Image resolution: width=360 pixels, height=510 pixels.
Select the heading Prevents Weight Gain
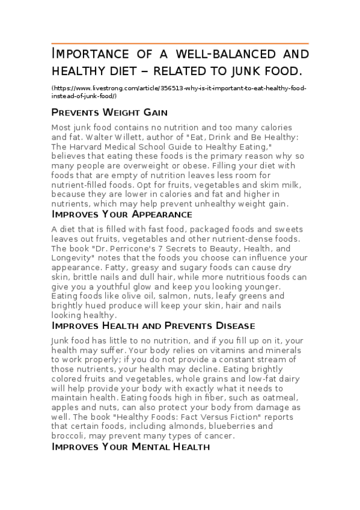pos(109,112)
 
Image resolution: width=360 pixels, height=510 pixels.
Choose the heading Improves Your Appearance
pos(122,214)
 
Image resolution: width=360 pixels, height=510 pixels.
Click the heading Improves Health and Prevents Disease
pos(153,325)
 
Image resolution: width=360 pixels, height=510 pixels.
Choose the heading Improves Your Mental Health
pos(130,446)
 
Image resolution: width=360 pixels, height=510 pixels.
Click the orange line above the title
pos(180,43)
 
